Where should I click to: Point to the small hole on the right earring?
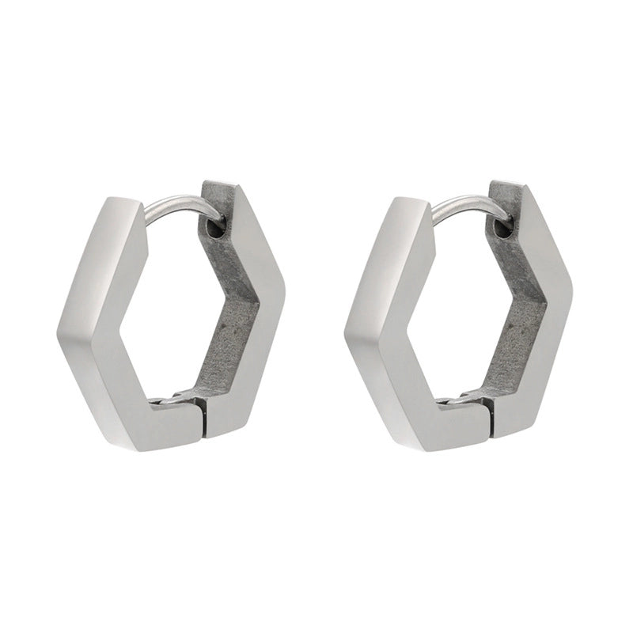pyautogui.click(x=502, y=229)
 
